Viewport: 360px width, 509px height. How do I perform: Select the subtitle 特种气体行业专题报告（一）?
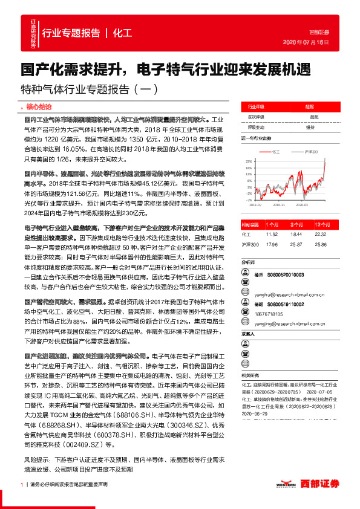(90, 89)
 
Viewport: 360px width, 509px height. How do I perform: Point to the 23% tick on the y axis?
(248, 162)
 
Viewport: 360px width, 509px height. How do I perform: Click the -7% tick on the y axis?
(248, 199)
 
